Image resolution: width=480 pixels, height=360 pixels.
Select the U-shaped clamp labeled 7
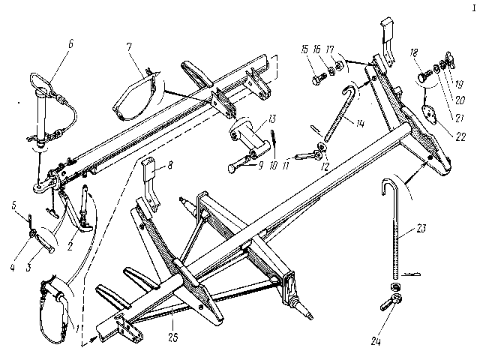coord(139,94)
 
